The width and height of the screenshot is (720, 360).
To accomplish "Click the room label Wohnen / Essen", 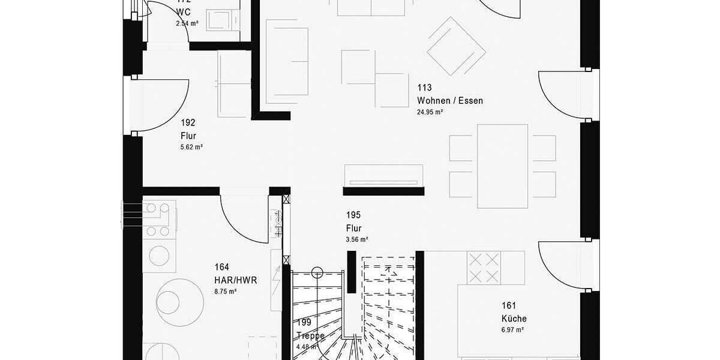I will point(449,101).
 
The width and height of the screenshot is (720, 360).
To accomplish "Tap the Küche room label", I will point(514,319).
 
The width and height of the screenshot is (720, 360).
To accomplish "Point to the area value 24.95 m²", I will point(430,112).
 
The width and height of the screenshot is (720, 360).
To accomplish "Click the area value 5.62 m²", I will point(191,147).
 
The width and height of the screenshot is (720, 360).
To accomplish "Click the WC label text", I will point(183,13).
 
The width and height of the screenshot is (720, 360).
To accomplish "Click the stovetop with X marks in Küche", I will point(484,267).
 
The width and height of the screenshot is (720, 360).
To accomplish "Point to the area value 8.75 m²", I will point(226,291).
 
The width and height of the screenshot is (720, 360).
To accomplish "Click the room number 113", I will point(424,88).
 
